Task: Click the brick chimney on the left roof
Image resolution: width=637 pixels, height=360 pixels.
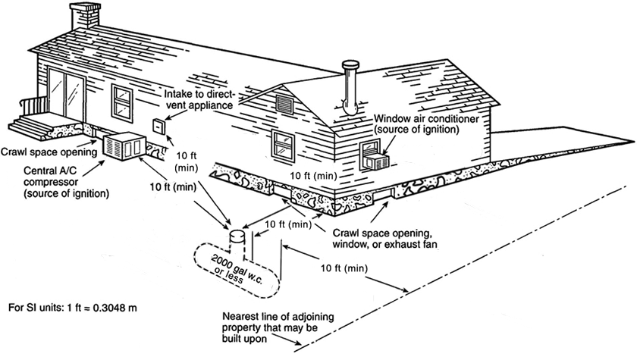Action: coord(84,14)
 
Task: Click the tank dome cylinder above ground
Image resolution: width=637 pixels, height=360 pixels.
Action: coord(237,239)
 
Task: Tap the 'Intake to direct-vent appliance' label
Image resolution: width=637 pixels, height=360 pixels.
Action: coord(200,99)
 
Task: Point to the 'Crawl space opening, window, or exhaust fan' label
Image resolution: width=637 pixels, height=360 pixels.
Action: coord(382,238)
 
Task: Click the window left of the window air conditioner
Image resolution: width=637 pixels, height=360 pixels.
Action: coord(284,144)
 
